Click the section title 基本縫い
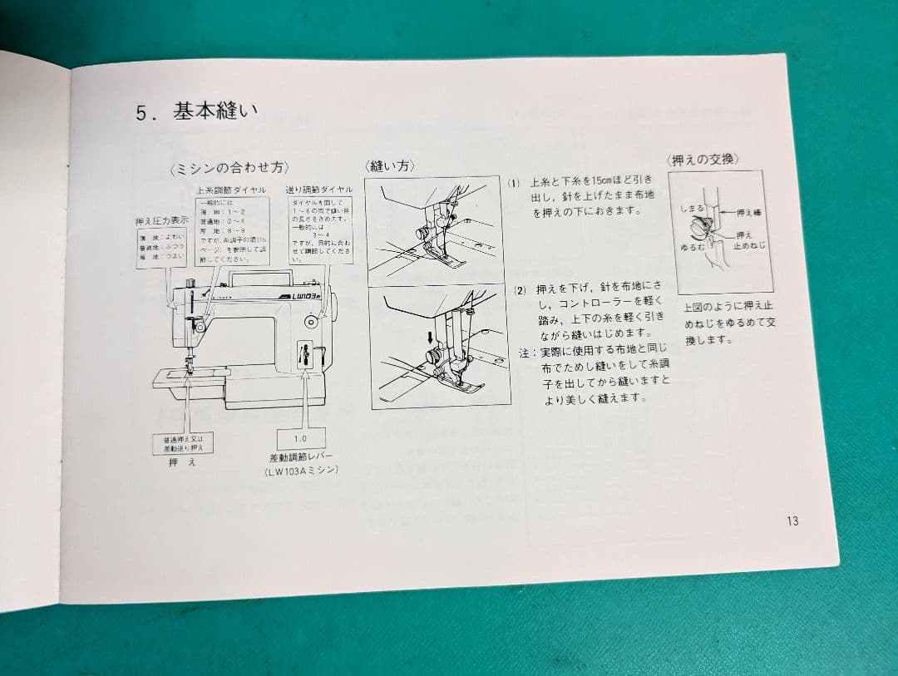click(x=215, y=111)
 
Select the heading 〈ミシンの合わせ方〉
click(x=229, y=168)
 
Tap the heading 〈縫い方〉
click(x=390, y=165)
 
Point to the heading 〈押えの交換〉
click(x=703, y=160)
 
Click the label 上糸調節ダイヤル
click(x=231, y=190)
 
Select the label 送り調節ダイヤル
click(x=319, y=190)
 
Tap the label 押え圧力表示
click(x=161, y=221)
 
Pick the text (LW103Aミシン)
click(x=302, y=471)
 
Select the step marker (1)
click(x=515, y=182)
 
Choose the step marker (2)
click(x=520, y=290)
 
